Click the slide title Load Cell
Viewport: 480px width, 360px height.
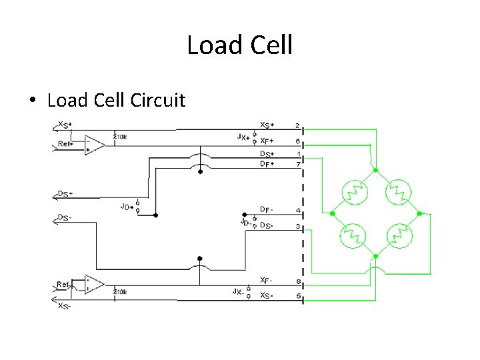tap(239, 45)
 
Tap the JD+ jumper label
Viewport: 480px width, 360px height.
tap(127, 207)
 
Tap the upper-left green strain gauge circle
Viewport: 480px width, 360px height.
tap(353, 192)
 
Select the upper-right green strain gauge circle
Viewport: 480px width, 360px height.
tap(398, 192)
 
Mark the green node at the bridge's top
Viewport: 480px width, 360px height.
tap(375, 169)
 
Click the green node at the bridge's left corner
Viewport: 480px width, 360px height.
tap(331, 214)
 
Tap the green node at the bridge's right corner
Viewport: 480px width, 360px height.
tap(420, 214)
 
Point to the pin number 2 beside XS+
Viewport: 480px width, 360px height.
tap(297, 125)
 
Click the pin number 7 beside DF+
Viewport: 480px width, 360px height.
tap(297, 164)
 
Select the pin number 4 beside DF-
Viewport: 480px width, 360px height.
tap(297, 211)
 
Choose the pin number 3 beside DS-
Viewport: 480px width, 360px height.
tap(297, 227)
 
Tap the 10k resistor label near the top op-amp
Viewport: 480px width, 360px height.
tap(121, 136)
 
